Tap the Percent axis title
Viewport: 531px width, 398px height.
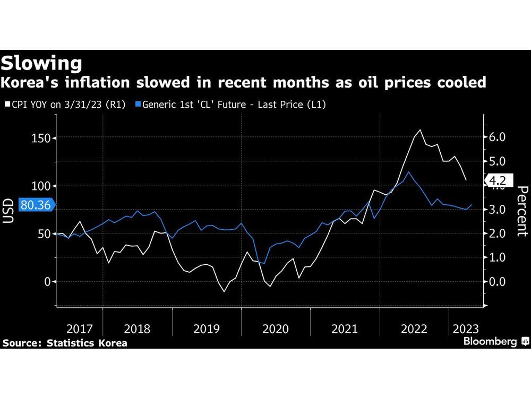(x=521, y=211)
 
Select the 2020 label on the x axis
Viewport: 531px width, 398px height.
(x=276, y=329)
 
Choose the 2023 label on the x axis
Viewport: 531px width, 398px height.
(x=465, y=329)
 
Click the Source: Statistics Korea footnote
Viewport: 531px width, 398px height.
(x=64, y=343)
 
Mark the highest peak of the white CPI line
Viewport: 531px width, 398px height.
(x=421, y=129)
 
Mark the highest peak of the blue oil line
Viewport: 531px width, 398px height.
(x=408, y=171)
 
